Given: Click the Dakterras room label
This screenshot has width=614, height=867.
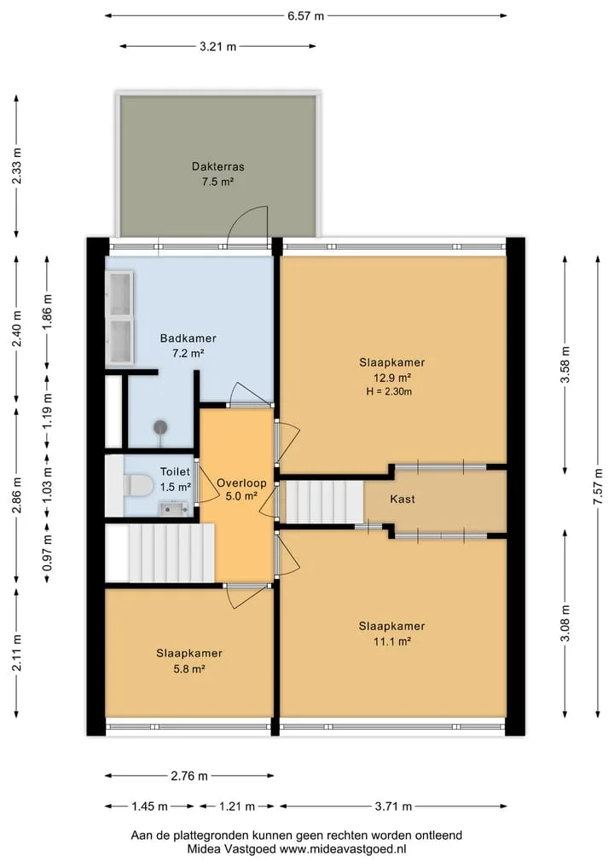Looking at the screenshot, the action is coord(218,166).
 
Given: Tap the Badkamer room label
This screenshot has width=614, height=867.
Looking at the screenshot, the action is coord(188,338).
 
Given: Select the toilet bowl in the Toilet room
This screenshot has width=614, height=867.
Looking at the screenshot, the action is coord(138,486).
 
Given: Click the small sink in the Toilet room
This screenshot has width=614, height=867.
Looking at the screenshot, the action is coord(174,508).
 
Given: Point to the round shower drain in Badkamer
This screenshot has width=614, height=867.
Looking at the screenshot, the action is coord(160,427).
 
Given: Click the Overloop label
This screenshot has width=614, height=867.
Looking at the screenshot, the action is coord(241,483).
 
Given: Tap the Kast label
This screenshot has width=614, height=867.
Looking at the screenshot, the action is coord(403,500).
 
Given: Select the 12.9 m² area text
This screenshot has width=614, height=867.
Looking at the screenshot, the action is coord(392,379).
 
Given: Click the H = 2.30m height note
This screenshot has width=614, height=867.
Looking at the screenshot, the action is coord(389,392).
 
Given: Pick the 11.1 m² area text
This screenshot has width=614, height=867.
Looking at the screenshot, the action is coord(392,642).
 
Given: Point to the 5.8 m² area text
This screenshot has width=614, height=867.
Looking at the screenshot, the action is coord(189,669).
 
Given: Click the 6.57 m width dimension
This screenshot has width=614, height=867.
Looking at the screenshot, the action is coord(305,16).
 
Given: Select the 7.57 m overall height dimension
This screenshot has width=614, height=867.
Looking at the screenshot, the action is coord(598,486).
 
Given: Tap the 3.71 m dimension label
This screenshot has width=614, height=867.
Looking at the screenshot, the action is coord(393,806).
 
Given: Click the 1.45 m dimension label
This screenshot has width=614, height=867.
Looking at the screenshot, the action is coord(149,806).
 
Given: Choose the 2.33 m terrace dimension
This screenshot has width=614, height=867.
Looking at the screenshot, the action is coord(17,166).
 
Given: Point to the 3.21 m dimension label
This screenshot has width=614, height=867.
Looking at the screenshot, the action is coord(218,46).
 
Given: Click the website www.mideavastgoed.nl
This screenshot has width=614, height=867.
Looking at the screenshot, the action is coord(343,849).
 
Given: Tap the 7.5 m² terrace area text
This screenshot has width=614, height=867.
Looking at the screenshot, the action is coord(218,182).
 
